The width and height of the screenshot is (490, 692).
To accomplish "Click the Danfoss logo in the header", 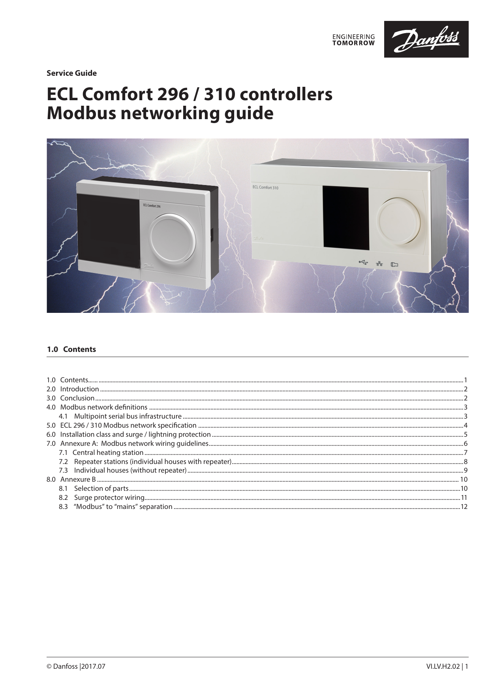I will tap(426, 39).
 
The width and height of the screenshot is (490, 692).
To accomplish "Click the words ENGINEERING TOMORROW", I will tap(353, 39).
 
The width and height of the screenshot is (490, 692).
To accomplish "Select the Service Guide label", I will tap(71, 73).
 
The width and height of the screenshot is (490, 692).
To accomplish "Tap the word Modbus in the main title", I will tap(81, 113).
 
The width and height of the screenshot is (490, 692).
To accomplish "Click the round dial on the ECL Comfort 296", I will tap(172, 237).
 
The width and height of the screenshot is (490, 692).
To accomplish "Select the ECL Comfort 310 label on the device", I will tap(265, 187).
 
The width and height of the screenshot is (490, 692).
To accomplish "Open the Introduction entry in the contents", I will tap(79, 389).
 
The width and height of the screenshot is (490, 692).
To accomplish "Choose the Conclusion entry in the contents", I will tap(77, 398).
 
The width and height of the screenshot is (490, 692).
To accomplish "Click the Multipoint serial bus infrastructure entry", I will tap(128, 416).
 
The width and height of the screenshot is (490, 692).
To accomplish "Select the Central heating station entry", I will tap(107, 453).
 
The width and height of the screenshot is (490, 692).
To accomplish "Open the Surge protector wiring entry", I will tap(109, 497).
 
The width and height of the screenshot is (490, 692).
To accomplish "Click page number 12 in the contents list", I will tap(464, 507).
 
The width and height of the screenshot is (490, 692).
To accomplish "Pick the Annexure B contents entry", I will tap(77, 479).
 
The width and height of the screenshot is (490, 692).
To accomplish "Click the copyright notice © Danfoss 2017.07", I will tap(76, 667).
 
